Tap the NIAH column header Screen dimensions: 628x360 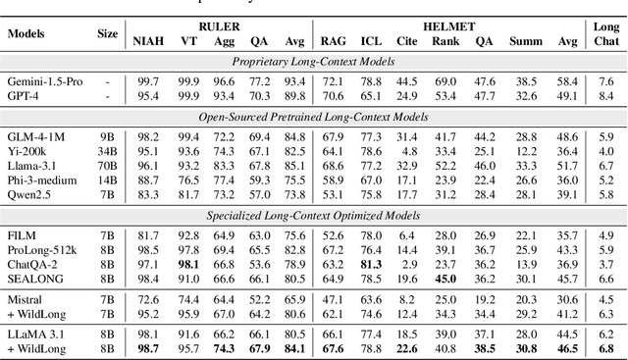click(147, 41)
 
